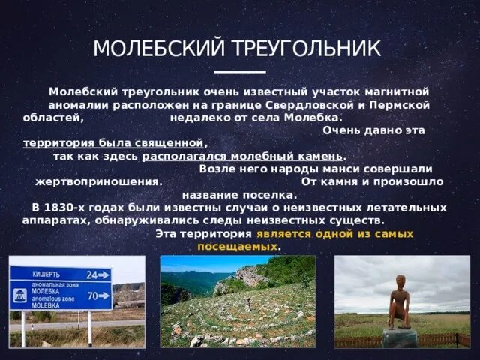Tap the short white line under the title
tap(240, 72)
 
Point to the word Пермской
tap(402, 104)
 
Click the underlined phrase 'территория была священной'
tap(113, 142)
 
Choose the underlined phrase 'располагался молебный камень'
tap(242, 156)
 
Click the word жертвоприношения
tap(98, 181)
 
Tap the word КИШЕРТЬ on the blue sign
tap(46, 274)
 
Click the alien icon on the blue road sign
tap(18, 293)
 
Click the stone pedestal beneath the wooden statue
tap(399, 337)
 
